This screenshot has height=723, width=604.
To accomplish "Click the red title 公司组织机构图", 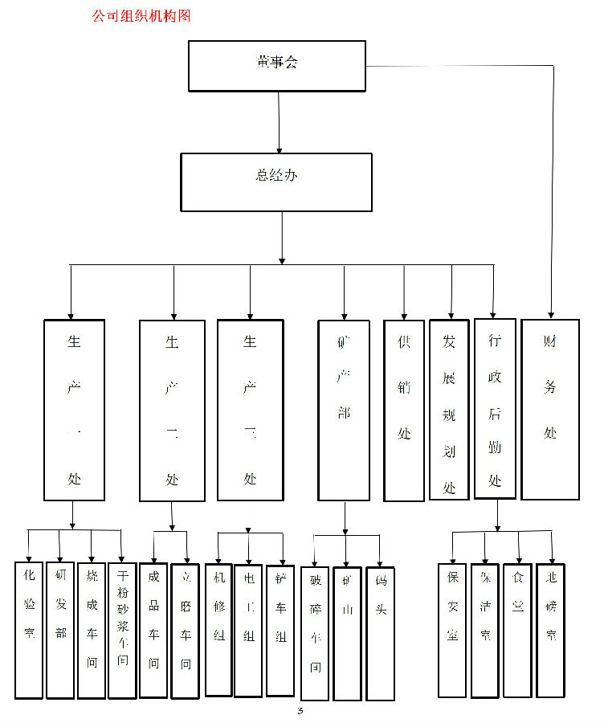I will [141, 15].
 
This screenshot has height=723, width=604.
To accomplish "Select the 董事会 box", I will [277, 66].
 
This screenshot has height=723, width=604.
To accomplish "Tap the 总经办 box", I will [276, 182].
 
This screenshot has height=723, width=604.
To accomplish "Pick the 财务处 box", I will [550, 410].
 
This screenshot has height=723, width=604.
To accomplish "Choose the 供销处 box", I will [404, 411].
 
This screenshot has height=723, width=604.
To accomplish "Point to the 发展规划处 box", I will [449, 411].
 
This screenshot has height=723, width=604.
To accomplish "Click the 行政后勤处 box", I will [495, 409].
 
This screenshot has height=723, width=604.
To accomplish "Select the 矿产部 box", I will [344, 411].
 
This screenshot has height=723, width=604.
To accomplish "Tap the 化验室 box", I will [29, 630].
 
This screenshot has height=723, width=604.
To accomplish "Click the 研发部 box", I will [60, 630].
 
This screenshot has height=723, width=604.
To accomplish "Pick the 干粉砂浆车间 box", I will [122, 630].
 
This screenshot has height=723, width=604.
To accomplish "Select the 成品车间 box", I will [153, 630].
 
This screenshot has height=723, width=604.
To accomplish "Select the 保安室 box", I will [452, 630].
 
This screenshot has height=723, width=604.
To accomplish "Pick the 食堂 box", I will [517, 630].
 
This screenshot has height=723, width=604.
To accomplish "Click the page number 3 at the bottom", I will [300, 711].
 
